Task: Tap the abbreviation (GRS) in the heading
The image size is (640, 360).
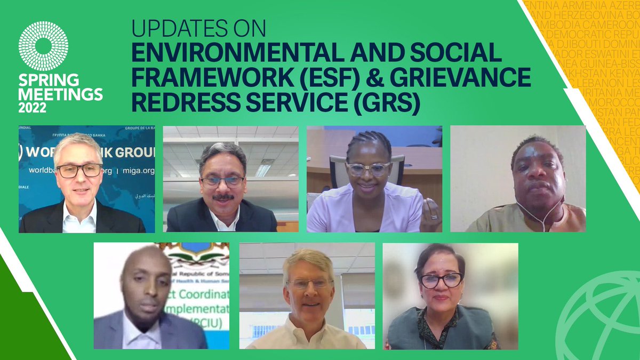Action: [x=386, y=102]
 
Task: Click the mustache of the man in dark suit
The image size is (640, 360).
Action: [x=223, y=197]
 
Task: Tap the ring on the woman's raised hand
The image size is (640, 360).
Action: [x=434, y=217]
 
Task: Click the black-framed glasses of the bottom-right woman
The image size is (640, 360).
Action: [x=441, y=280]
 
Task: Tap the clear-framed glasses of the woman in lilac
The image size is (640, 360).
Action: [x=368, y=169]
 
